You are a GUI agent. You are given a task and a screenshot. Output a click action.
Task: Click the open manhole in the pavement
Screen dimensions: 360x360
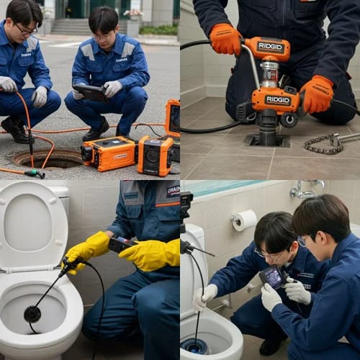pyautogui.click(x=58, y=158)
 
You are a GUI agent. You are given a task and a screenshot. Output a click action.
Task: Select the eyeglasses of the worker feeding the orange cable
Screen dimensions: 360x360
pyautogui.click(x=26, y=30)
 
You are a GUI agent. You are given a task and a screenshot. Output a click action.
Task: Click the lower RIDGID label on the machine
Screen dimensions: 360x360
pyautogui.click(x=276, y=100)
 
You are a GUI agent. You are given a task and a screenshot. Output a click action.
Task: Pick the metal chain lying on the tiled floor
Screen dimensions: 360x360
pyautogui.click(x=324, y=144)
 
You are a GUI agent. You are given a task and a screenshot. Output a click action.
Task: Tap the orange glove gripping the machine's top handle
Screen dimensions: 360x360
pyautogui.click(x=225, y=40)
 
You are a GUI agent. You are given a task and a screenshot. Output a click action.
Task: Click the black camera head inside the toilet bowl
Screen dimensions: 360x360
pyautogui.click(x=32, y=313)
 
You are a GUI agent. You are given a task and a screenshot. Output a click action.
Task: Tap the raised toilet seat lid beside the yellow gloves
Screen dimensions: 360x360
pyautogui.click(x=32, y=223)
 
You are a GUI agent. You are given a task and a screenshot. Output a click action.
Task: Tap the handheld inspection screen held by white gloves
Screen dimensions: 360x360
pyautogui.click(x=274, y=276)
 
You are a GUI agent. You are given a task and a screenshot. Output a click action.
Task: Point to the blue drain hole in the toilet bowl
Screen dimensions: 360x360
pyautogui.click(x=194, y=346)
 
